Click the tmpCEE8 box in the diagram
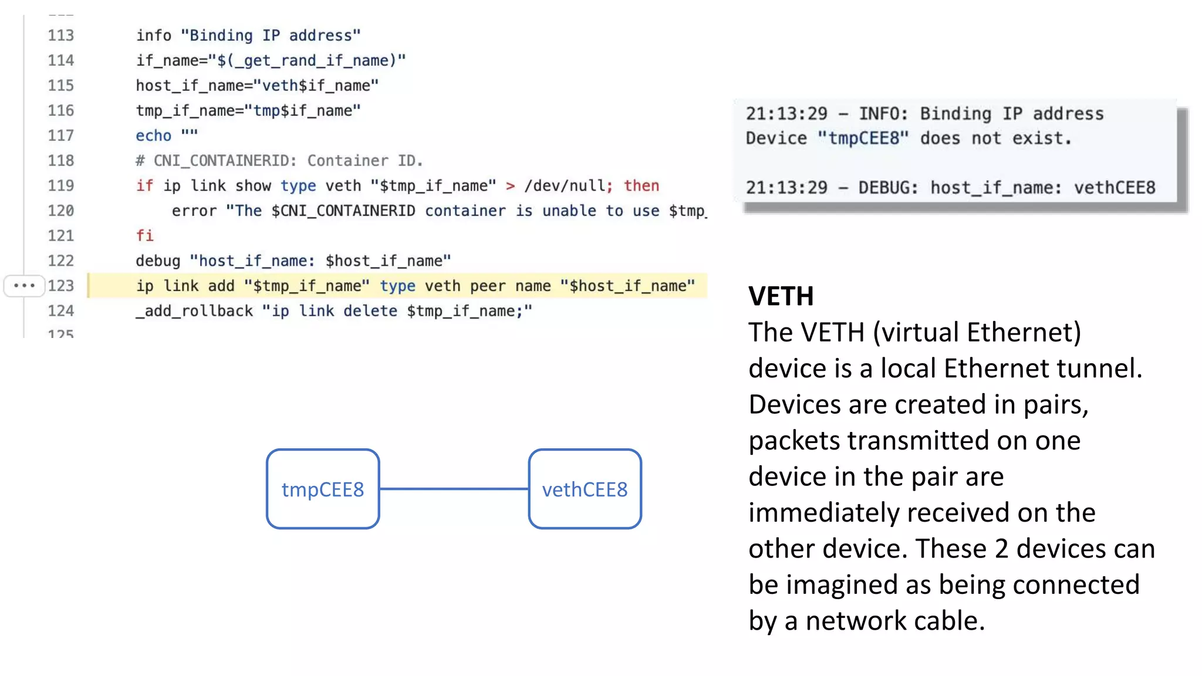pos(323,489)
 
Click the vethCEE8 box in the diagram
pos(585,489)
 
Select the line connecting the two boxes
pos(454,488)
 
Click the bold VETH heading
pos(781,296)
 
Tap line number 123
pos(61,286)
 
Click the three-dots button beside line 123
pos(24,286)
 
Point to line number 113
pos(61,35)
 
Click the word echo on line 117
pos(153,136)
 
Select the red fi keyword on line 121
pos(144,236)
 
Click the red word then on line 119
pos(641,186)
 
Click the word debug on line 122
pos(158,261)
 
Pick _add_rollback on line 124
pos(194,311)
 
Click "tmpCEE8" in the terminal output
pos(863,138)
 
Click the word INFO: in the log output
pos(883,114)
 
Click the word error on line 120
pos(194,211)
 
